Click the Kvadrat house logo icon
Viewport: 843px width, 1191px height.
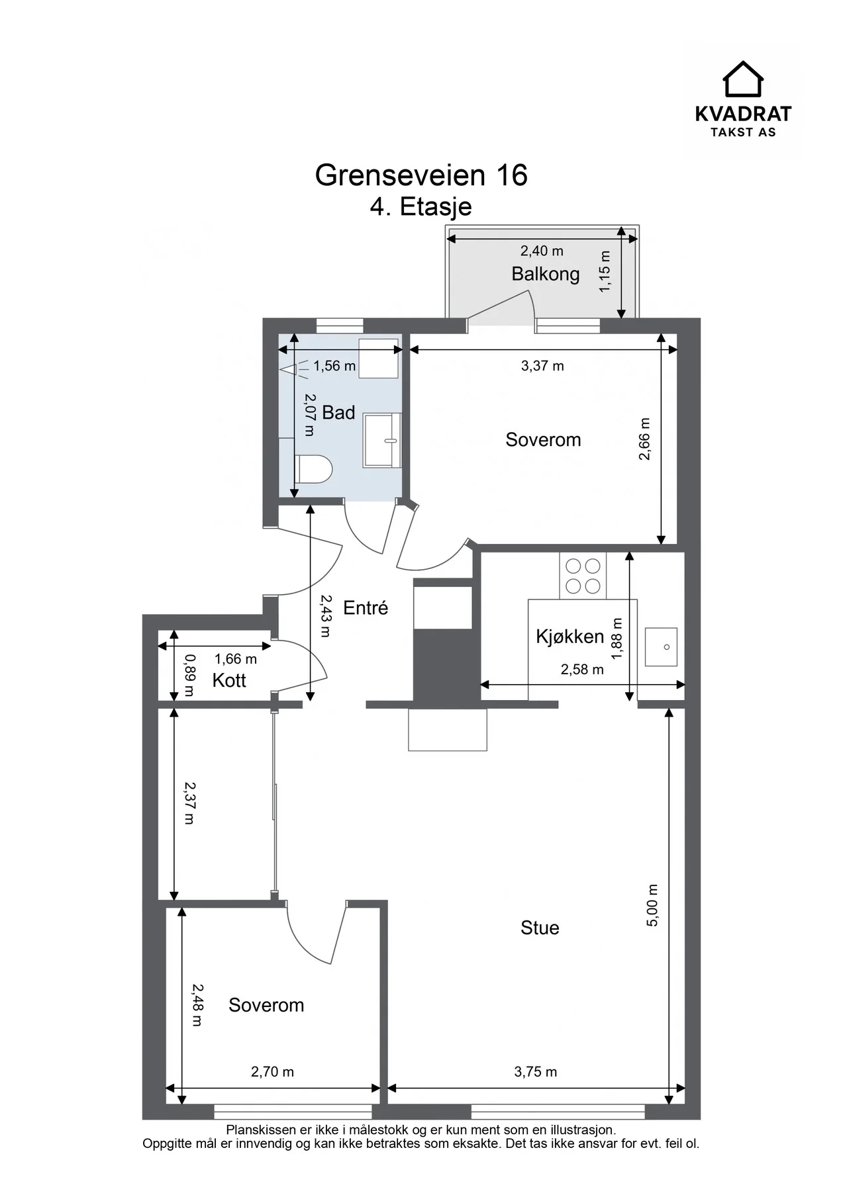742,79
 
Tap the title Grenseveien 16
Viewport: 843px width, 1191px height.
421,175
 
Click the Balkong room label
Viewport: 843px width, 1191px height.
545,274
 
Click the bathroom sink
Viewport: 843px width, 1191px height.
382,440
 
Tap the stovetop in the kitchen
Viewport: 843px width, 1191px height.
583,576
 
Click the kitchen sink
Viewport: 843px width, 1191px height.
661,646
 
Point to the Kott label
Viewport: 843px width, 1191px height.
229,680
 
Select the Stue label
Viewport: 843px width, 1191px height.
540,928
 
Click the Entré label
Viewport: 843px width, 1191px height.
366,607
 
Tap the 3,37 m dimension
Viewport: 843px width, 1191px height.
542,366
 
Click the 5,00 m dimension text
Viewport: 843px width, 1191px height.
652,905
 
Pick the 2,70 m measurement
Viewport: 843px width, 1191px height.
272,1071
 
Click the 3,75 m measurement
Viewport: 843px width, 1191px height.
536,1071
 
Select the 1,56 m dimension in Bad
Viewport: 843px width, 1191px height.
334,366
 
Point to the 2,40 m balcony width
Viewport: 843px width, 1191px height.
542,251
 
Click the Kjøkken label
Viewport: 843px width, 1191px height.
570,637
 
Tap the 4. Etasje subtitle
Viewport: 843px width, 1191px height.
421,206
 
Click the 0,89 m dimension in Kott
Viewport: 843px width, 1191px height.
189,675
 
